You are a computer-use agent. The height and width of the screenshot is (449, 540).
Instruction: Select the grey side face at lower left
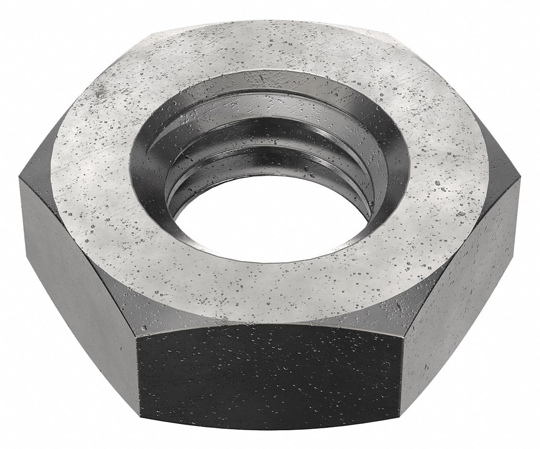[x=77, y=279]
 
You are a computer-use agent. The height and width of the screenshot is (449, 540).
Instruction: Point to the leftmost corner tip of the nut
[x=19, y=179]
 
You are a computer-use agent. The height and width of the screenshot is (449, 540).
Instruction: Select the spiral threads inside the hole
[x=269, y=144]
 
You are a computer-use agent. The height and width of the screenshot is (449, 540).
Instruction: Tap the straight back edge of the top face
[x=269, y=22]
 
